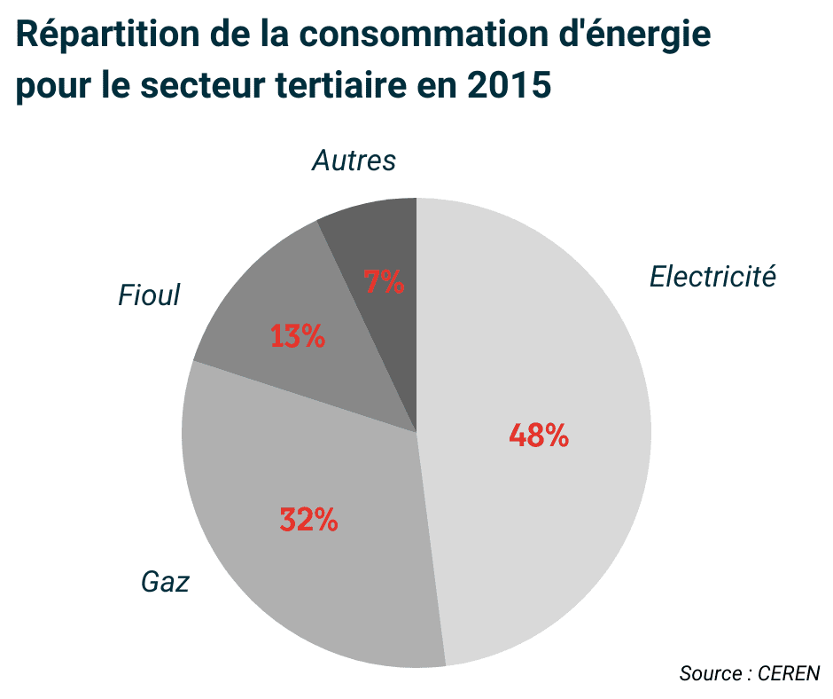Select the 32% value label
(x=308, y=520)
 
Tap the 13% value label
(x=297, y=336)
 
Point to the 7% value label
(x=384, y=282)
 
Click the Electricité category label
(x=712, y=277)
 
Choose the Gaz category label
(x=166, y=582)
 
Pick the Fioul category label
(x=149, y=295)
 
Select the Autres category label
(x=354, y=161)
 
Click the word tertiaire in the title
(x=340, y=87)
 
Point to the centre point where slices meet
(x=416, y=433)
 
